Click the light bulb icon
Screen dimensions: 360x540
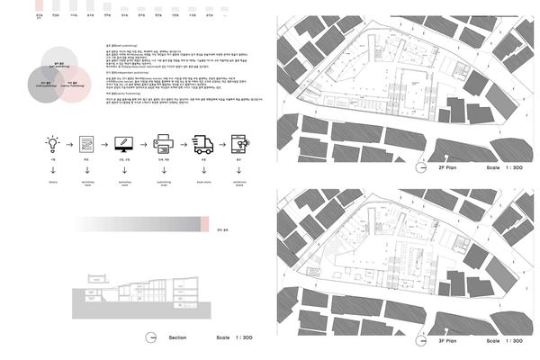coord(52,142)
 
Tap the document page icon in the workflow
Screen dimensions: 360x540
coord(86,143)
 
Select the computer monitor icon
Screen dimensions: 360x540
coord(124,143)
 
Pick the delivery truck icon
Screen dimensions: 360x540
coord(202,143)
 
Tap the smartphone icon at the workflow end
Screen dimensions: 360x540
coord(239,143)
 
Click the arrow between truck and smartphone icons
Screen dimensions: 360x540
coord(220,143)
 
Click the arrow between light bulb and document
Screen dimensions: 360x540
coord(69,143)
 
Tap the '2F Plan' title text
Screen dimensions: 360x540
coord(442,168)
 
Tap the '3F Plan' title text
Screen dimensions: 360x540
coord(442,341)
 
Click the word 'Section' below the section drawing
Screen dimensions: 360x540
coord(176,337)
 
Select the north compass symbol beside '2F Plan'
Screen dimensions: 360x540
coord(419,168)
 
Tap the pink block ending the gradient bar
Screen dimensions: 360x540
coord(206,222)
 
